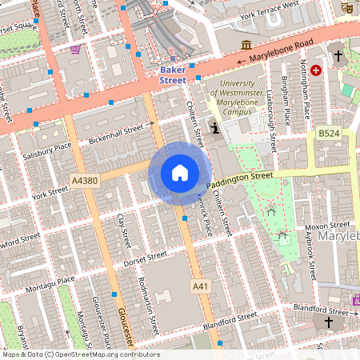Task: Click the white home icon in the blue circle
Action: click(180, 173)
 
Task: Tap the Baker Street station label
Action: click(173, 74)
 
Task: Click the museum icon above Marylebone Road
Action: click(246, 44)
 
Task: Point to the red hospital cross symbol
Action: click(317, 70)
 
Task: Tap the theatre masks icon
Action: click(346, 6)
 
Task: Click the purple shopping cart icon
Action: click(75, 50)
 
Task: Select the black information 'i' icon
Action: click(214, 128)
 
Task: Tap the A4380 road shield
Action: click(84, 181)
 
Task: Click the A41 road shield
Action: click(200, 286)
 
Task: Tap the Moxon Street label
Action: click(329, 226)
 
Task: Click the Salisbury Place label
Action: click(47, 150)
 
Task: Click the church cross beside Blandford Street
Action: click(328, 322)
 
